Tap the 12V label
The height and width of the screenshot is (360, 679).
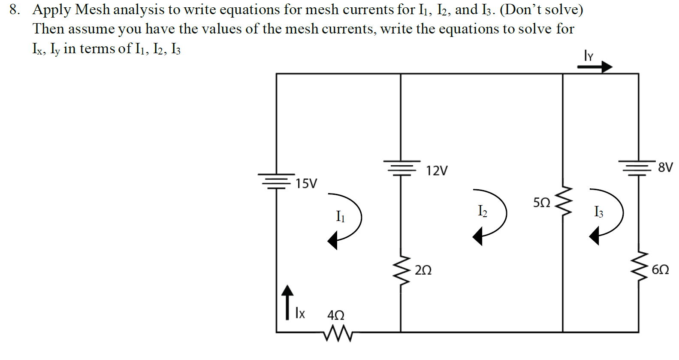point(436,171)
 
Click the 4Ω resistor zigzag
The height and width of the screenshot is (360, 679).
point(338,333)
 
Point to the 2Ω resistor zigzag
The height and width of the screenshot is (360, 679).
point(401,273)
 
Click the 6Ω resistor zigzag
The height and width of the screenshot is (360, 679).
point(638,266)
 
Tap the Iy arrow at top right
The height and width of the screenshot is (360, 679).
point(595,67)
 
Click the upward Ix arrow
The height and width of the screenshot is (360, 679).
point(287,302)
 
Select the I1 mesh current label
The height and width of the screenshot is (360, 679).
point(340,216)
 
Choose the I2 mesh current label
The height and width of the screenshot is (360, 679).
point(482,211)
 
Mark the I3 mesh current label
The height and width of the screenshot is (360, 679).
point(598,212)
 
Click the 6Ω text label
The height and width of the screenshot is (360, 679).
point(660,269)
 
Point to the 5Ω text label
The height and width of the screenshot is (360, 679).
point(541,203)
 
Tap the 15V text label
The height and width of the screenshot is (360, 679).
point(306,184)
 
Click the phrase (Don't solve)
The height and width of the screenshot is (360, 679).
point(541,9)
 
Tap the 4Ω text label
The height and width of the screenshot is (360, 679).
point(335,315)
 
